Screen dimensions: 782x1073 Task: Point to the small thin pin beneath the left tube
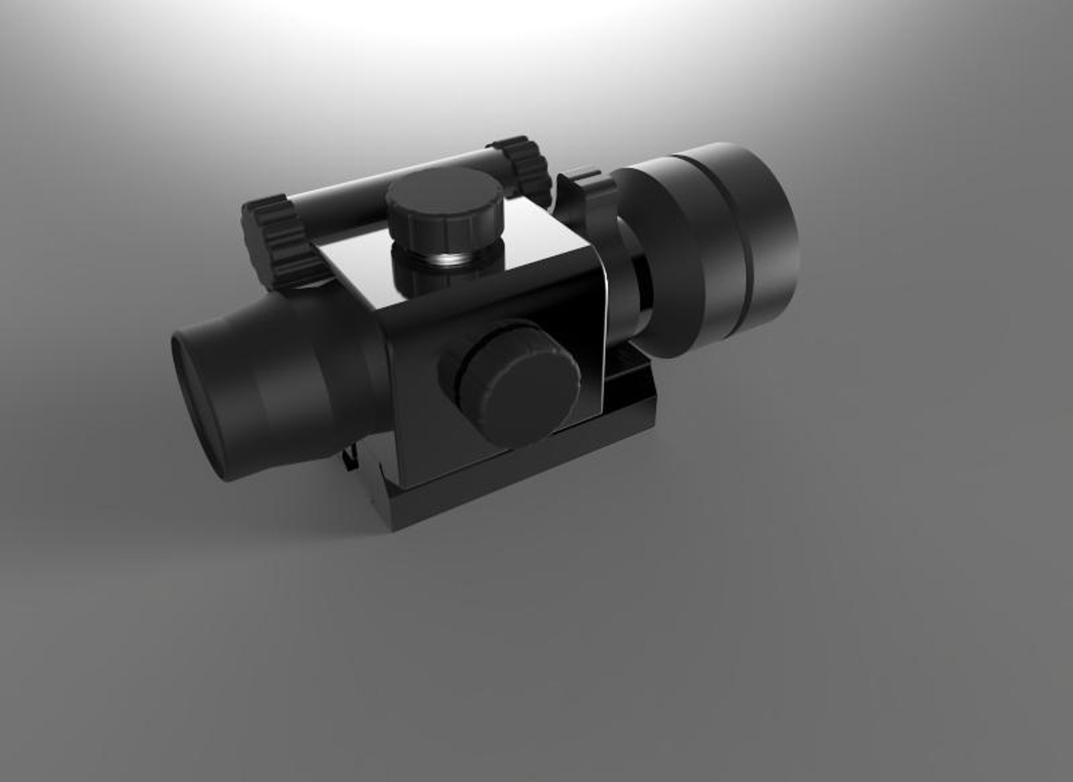(x=348, y=456)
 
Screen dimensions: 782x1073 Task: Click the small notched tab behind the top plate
(x=583, y=181)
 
